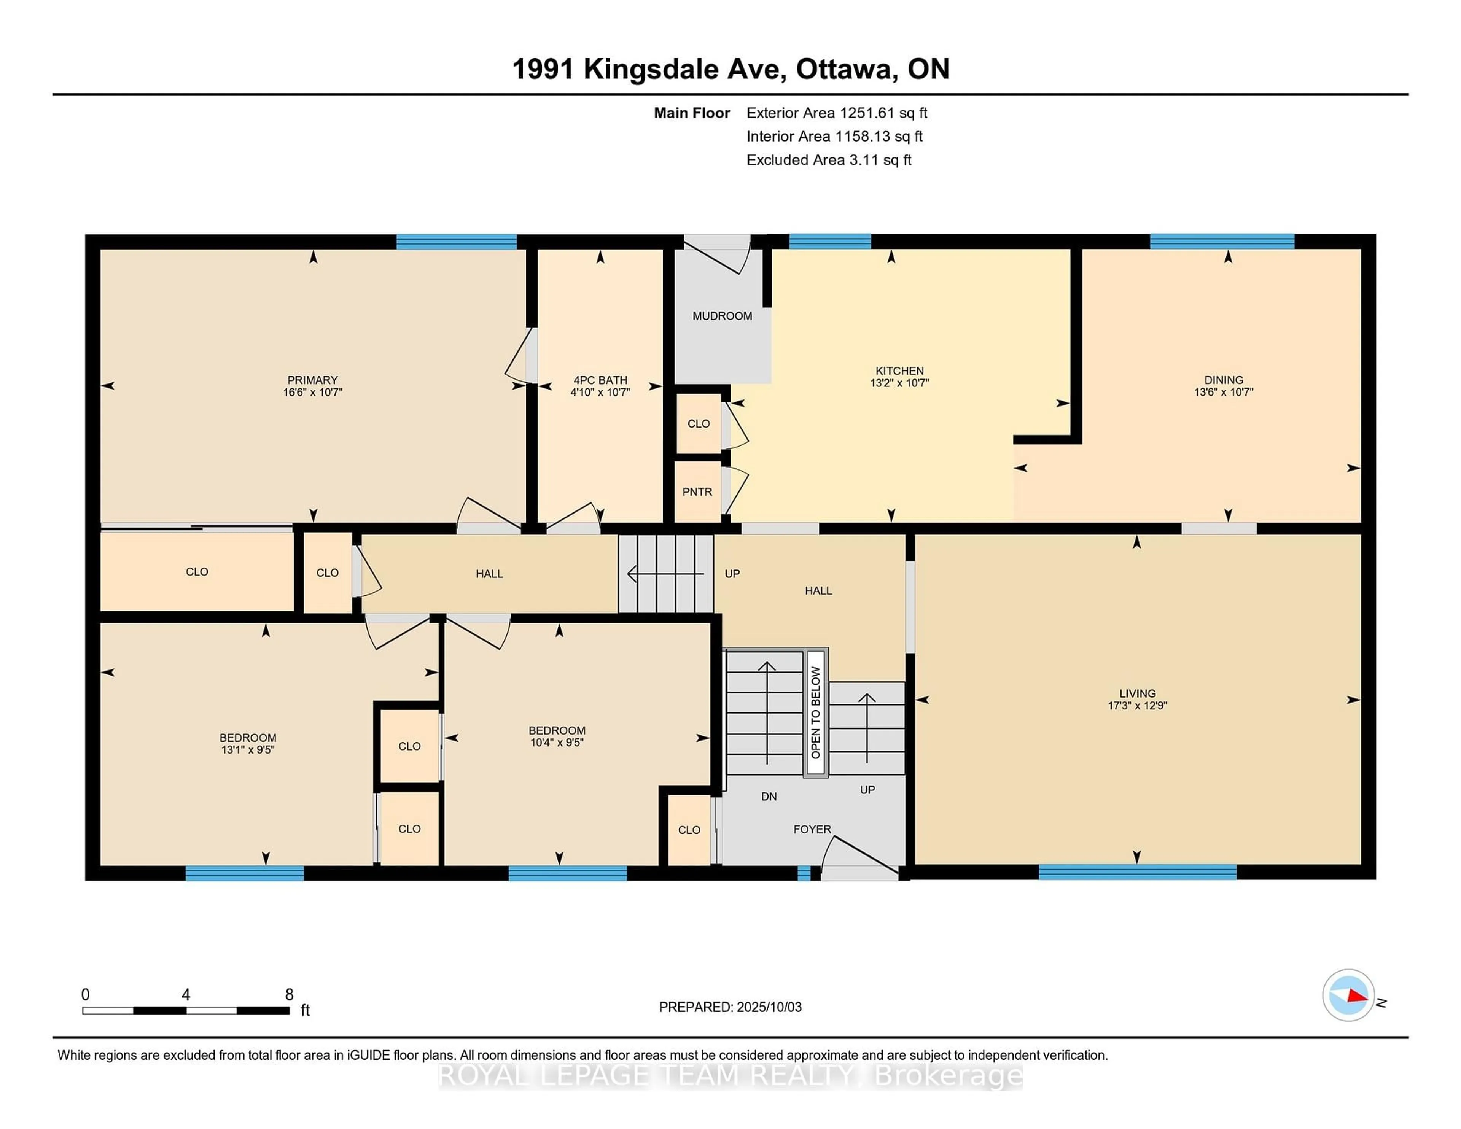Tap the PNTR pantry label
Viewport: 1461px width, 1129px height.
(697, 491)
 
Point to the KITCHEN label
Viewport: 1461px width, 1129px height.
(900, 371)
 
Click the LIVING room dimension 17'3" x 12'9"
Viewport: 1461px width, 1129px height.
(1137, 705)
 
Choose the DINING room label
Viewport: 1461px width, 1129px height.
(1224, 380)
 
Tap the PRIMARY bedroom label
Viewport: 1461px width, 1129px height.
(312, 380)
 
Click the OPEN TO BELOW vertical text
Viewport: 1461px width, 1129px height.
(815, 712)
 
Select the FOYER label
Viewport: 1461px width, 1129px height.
(812, 829)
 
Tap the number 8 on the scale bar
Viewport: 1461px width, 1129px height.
(289, 995)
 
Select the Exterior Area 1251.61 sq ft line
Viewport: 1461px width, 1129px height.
(837, 113)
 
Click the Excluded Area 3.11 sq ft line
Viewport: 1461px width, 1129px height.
(829, 160)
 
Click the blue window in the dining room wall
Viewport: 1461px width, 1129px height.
(1222, 242)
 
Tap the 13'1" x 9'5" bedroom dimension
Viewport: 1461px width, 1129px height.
(248, 750)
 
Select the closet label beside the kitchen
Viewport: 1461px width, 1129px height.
(699, 423)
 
